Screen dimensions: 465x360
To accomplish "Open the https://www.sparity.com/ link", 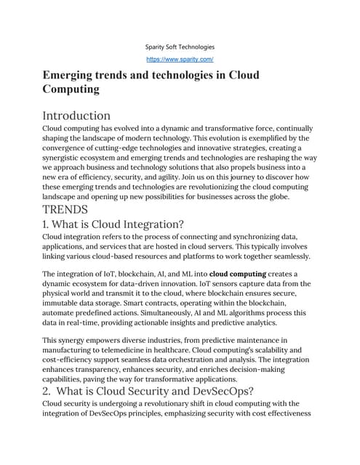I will coord(179,59).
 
